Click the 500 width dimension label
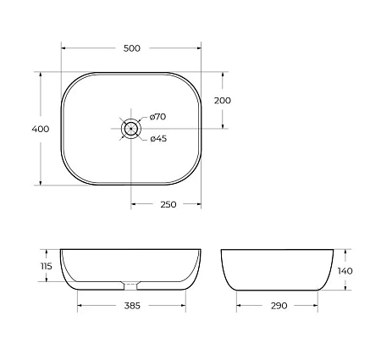tap(131, 48)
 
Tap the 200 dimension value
tap(223, 100)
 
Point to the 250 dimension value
tap(166, 204)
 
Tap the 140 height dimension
tap(344, 270)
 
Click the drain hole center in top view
tap(131, 129)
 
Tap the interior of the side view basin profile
tap(279, 267)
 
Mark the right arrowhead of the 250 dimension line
tap(199, 204)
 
